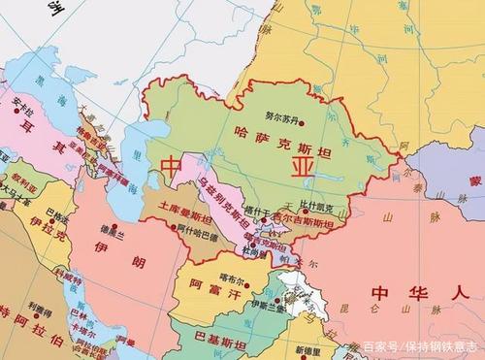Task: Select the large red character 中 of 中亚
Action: [x=173, y=166]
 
